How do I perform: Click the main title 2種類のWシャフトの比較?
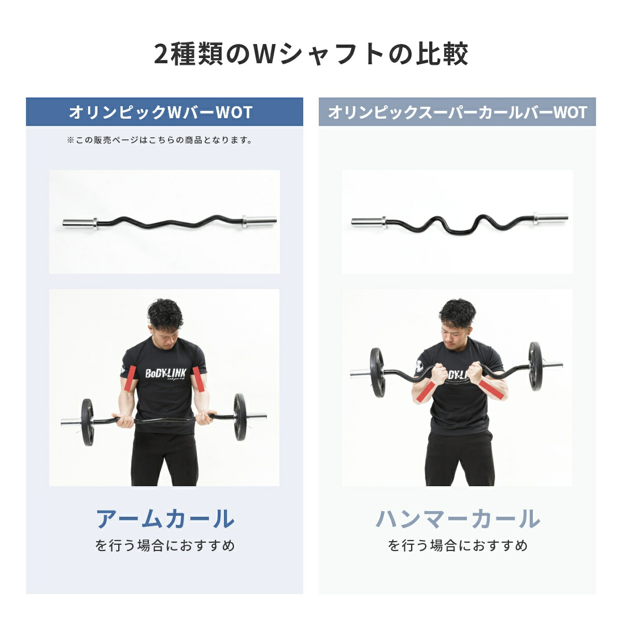311,54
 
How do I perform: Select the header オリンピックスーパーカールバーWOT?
457,112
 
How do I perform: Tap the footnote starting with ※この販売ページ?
160,140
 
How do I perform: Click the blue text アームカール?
165,519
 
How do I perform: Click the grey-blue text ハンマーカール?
457,519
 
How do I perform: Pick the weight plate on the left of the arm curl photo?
87,422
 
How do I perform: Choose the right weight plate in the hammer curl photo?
535,365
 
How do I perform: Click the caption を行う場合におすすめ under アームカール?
165,546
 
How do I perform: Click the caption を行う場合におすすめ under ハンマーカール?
457,546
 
